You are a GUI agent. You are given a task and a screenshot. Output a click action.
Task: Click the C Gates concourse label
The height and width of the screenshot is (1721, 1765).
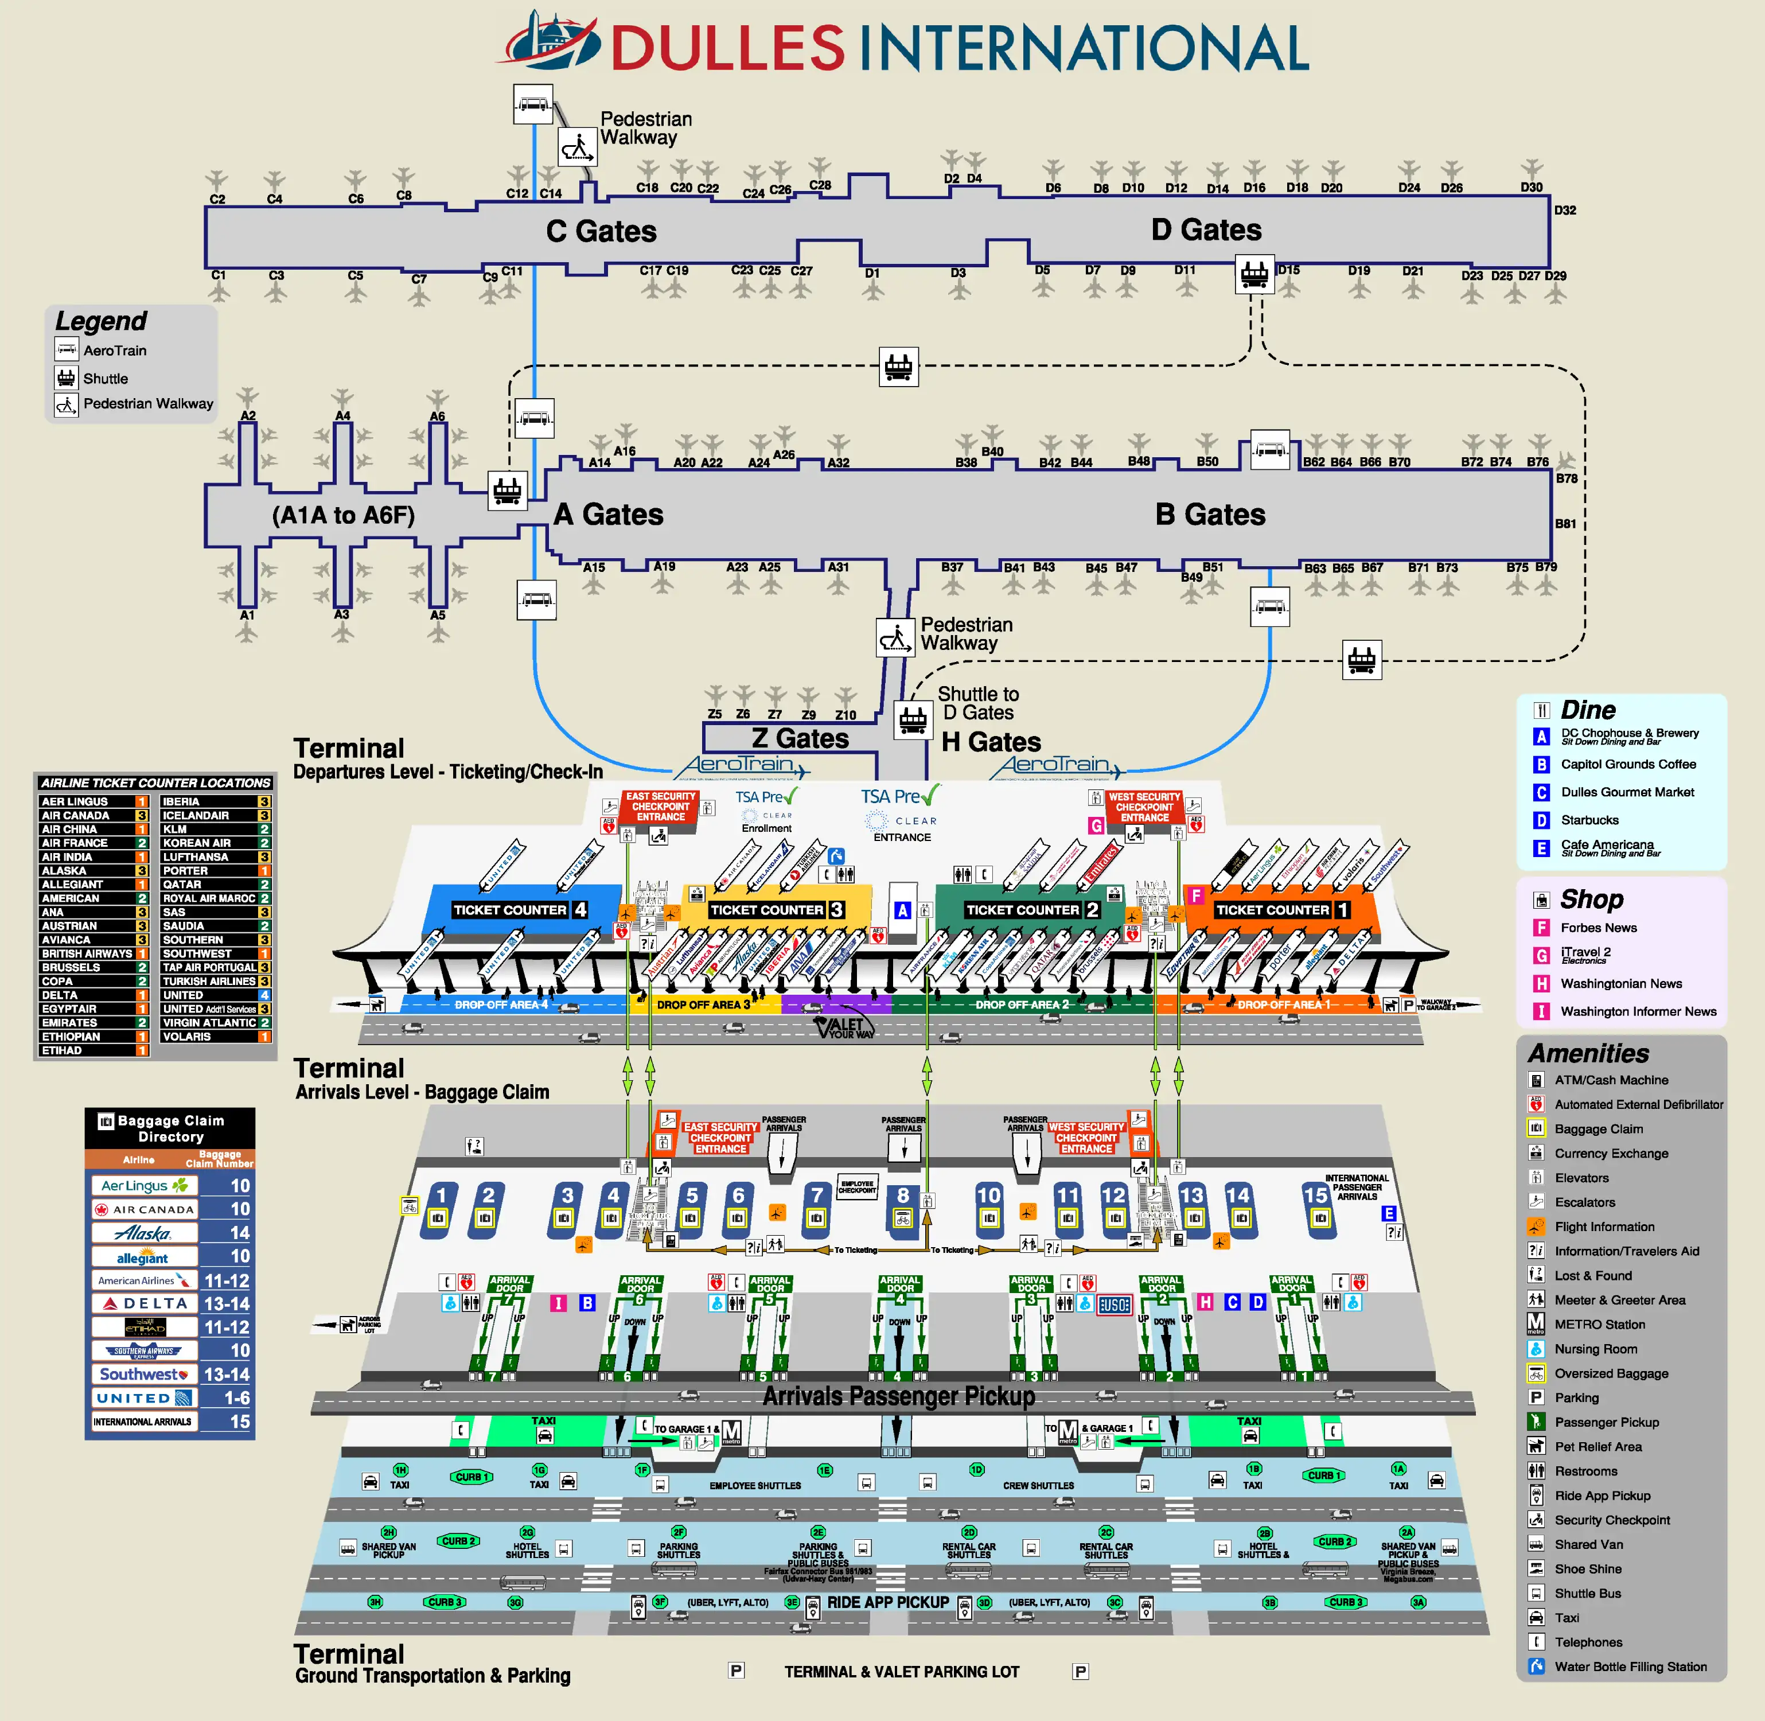(601, 231)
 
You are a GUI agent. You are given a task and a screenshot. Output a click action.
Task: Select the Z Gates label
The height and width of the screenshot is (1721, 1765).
(800, 738)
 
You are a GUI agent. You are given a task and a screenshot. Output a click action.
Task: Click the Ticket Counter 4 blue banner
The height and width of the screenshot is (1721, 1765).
(520, 909)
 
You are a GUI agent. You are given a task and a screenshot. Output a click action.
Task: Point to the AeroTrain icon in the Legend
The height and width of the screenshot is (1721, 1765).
(67, 350)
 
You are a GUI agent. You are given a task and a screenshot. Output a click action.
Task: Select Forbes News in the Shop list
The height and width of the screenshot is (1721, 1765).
(1598, 928)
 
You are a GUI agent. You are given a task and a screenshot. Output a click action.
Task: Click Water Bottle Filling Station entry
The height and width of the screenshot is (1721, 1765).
(1630, 1666)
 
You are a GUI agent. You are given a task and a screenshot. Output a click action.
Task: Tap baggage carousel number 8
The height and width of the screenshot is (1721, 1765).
(903, 1196)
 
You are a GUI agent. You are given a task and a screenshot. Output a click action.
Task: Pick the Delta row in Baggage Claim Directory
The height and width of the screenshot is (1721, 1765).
(170, 1303)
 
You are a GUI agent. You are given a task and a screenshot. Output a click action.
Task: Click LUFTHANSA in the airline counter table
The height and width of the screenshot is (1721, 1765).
(195, 857)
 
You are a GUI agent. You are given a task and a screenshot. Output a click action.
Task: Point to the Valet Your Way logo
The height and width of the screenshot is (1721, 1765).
(845, 1027)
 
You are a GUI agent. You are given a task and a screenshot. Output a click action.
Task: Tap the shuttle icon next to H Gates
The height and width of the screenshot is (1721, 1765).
(913, 719)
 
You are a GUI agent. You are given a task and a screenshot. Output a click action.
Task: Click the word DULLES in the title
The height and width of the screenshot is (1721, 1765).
(727, 48)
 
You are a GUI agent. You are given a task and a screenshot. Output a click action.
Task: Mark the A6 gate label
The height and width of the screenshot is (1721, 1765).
(438, 416)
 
